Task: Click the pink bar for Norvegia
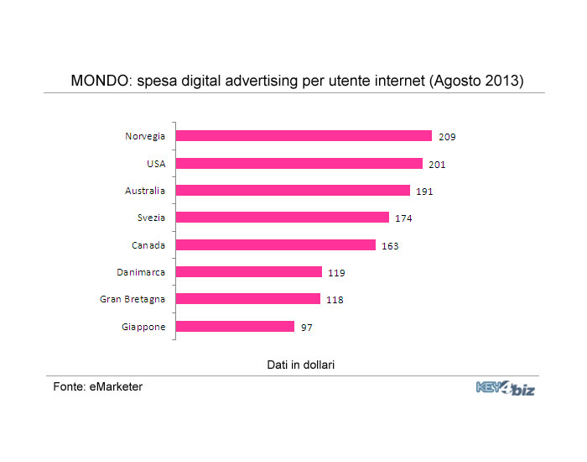click(304, 136)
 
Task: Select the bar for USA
click(299, 164)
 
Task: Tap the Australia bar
click(293, 191)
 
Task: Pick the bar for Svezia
click(283, 218)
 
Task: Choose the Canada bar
click(276, 245)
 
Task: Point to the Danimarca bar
click(249, 272)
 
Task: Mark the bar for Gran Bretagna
click(248, 299)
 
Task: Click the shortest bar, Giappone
click(235, 327)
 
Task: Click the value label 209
click(447, 137)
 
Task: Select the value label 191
click(424, 192)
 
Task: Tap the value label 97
click(306, 328)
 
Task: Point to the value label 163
click(390, 246)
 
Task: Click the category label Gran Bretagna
click(133, 299)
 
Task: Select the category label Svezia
click(152, 218)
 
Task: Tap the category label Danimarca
click(141, 272)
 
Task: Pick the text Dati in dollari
click(300, 363)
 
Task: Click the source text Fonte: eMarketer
click(97, 386)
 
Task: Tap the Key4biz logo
click(505, 388)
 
